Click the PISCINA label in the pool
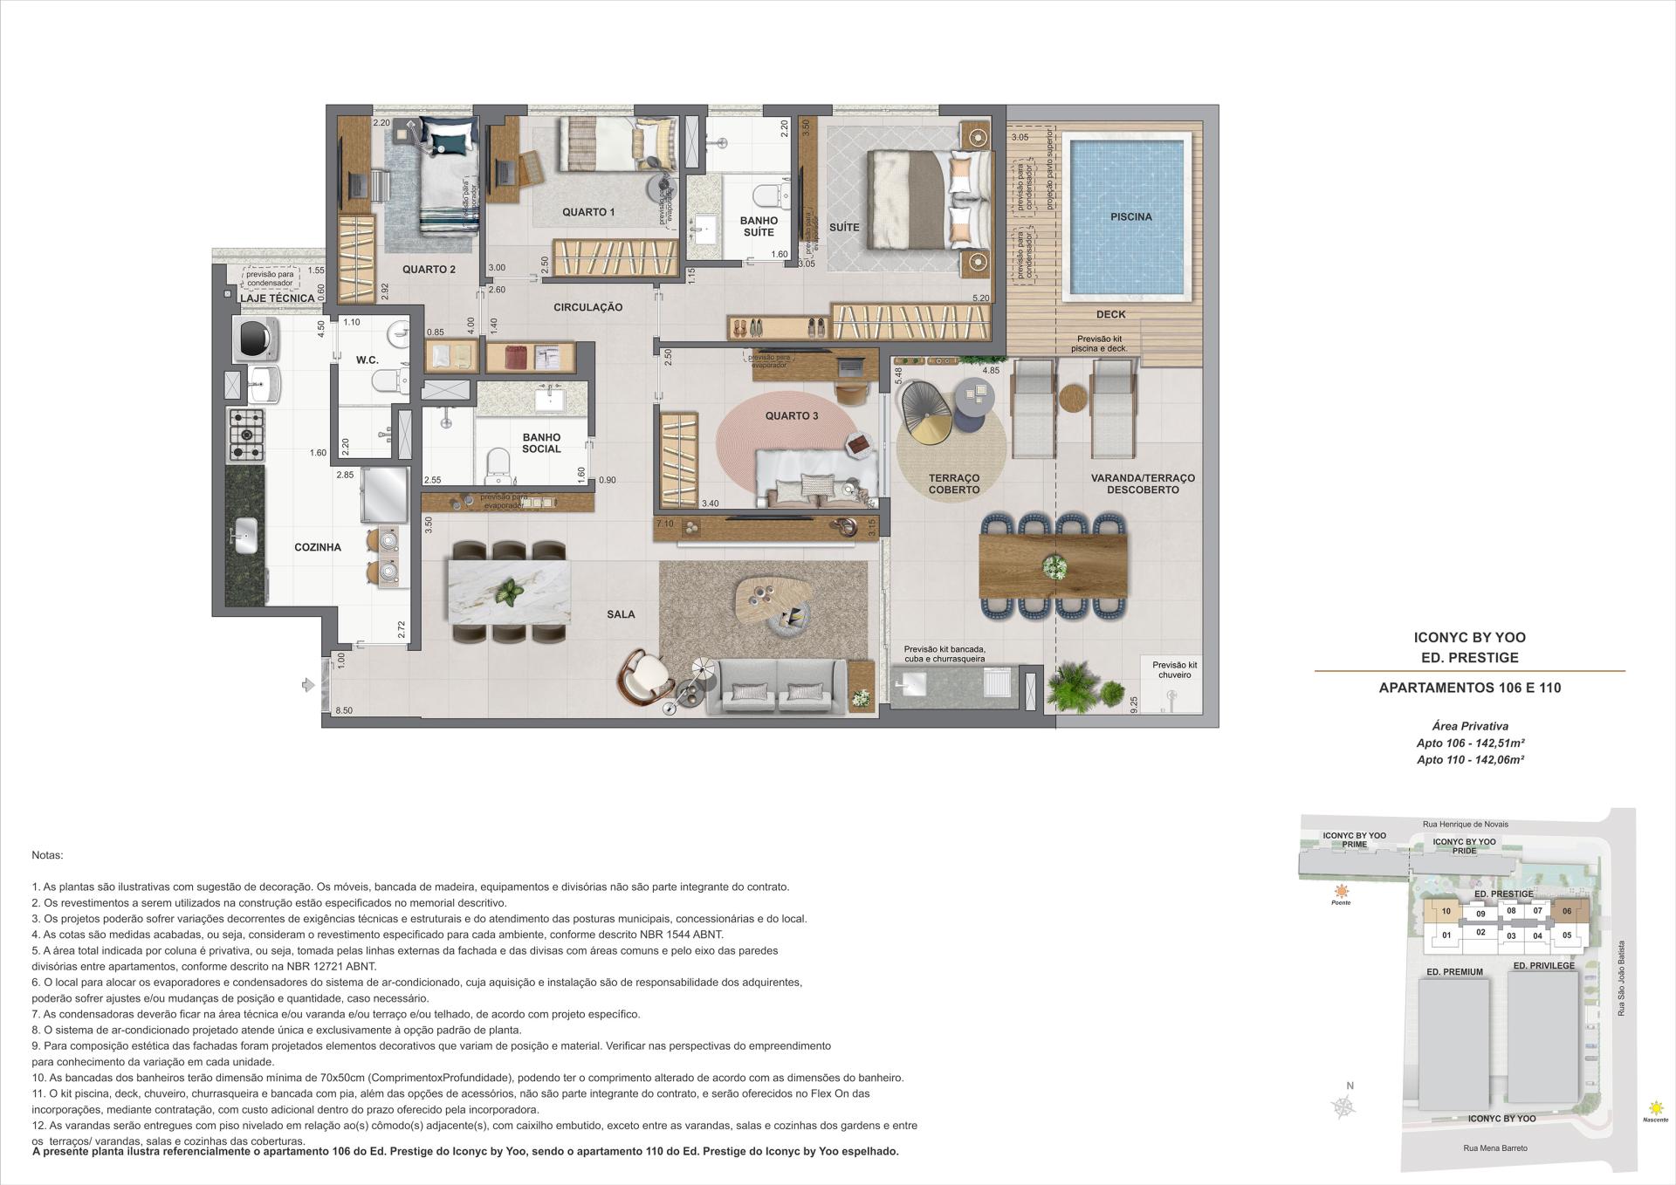coord(1130,216)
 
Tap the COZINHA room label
coord(318,547)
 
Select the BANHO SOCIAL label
coord(541,443)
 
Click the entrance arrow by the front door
coord(307,686)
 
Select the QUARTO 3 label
coord(792,415)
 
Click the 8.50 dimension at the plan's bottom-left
coord(343,710)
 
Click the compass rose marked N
coord(1343,1106)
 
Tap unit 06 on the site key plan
coord(1567,911)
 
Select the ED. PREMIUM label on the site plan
coord(1454,971)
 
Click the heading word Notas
coord(47,855)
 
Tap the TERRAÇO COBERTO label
coord(954,483)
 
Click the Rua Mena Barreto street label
coord(1495,1147)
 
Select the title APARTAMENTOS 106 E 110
coord(1470,688)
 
